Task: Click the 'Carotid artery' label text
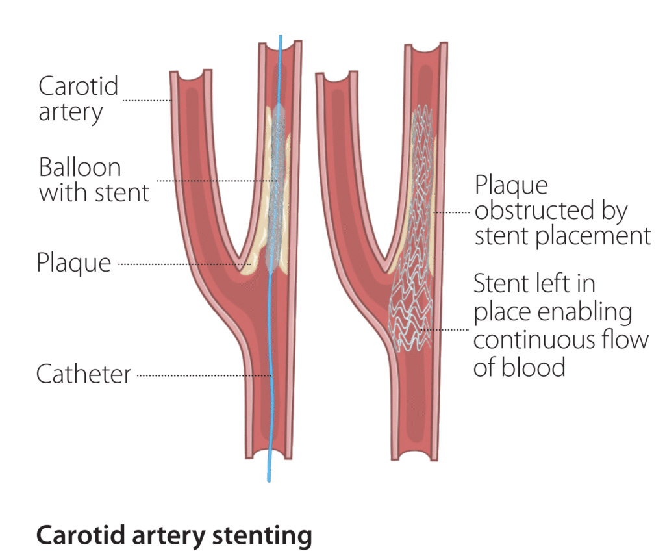pos(78,99)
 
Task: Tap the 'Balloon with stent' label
pos(94,180)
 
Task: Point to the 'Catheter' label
pos(84,374)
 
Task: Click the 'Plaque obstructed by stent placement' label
pos(562,210)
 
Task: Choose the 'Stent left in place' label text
pos(560,325)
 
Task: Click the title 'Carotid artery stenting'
pos(174,536)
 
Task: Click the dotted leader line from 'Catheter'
pos(201,375)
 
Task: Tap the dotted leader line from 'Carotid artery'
pos(146,101)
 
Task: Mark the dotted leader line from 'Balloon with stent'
pos(214,180)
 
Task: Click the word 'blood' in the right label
pos(533,367)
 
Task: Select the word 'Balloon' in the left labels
pos(80,168)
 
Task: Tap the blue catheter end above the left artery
pos(281,39)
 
